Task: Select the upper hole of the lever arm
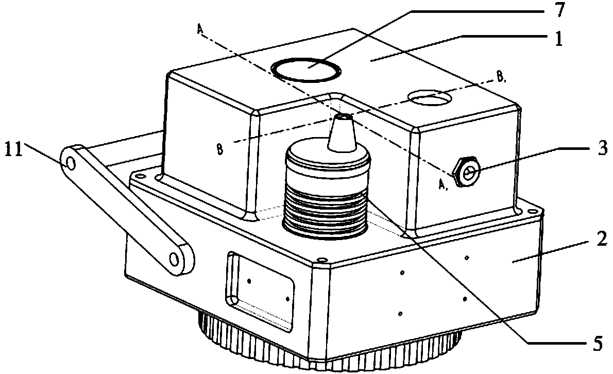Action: [71, 164]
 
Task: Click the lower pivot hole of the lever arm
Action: [176, 257]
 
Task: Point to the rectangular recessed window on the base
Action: [260, 292]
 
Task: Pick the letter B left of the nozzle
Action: [220, 150]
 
